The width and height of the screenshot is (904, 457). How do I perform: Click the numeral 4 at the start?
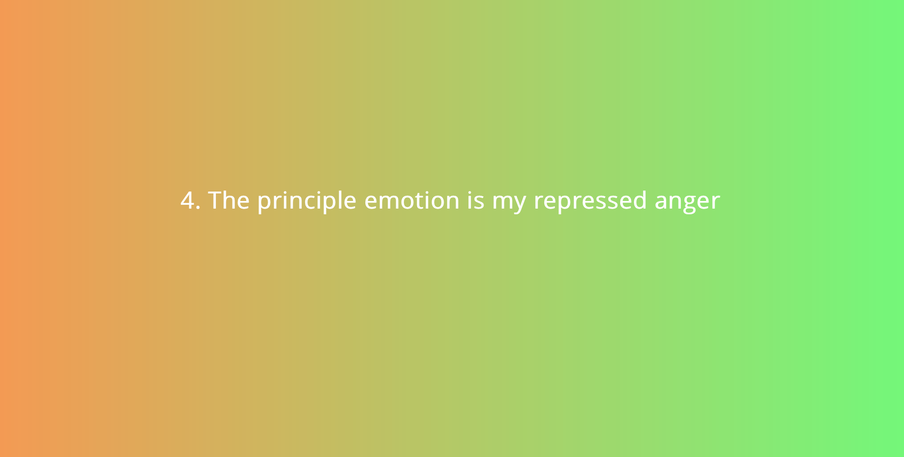(187, 201)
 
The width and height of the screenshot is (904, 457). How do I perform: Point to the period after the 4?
(198, 207)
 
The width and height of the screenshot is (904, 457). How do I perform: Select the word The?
(229, 200)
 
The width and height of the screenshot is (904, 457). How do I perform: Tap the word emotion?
(412, 200)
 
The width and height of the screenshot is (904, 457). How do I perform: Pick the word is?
(475, 200)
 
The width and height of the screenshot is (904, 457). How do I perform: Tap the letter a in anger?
(662, 202)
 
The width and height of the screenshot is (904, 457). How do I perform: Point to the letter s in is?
(479, 202)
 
